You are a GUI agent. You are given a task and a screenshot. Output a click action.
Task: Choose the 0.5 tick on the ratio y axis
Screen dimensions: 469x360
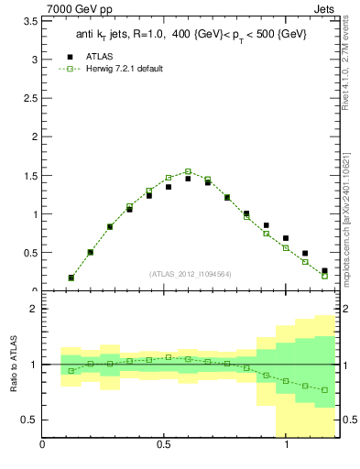pos(29,420)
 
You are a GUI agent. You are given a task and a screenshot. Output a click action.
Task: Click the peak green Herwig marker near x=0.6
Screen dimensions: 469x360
pos(188,171)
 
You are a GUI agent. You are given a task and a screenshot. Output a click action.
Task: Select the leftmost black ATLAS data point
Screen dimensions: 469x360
pos(71,278)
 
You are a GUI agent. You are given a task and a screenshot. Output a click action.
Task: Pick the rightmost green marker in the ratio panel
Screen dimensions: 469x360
pos(324,390)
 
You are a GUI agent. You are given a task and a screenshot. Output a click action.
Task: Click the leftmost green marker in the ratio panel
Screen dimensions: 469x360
pos(71,371)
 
